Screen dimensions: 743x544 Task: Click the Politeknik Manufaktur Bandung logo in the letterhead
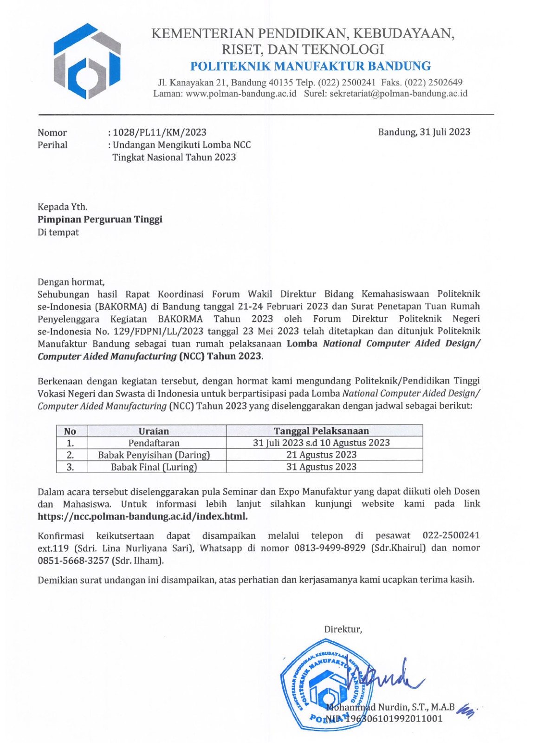click(x=87, y=61)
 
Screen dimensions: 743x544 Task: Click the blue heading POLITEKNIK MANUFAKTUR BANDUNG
click(x=310, y=66)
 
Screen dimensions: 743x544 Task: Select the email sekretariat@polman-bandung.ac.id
click(x=398, y=94)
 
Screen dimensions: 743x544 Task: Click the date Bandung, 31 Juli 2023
click(x=424, y=132)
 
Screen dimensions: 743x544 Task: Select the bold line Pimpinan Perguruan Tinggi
click(x=100, y=219)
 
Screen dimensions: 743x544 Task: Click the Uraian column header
click(x=154, y=431)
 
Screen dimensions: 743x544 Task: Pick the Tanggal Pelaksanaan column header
click(x=321, y=431)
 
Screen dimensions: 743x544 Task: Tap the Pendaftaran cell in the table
click(x=154, y=443)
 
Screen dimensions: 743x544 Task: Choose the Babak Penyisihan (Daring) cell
click(x=154, y=455)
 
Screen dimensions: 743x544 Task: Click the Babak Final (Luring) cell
click(x=154, y=467)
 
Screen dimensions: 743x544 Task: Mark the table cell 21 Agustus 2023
click(x=321, y=455)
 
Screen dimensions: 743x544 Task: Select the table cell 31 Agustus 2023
click(x=321, y=467)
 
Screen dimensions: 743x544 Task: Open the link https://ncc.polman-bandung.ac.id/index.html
click(x=142, y=516)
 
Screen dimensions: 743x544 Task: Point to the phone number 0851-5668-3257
click(x=73, y=561)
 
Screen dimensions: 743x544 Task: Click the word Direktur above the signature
click(x=343, y=629)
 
